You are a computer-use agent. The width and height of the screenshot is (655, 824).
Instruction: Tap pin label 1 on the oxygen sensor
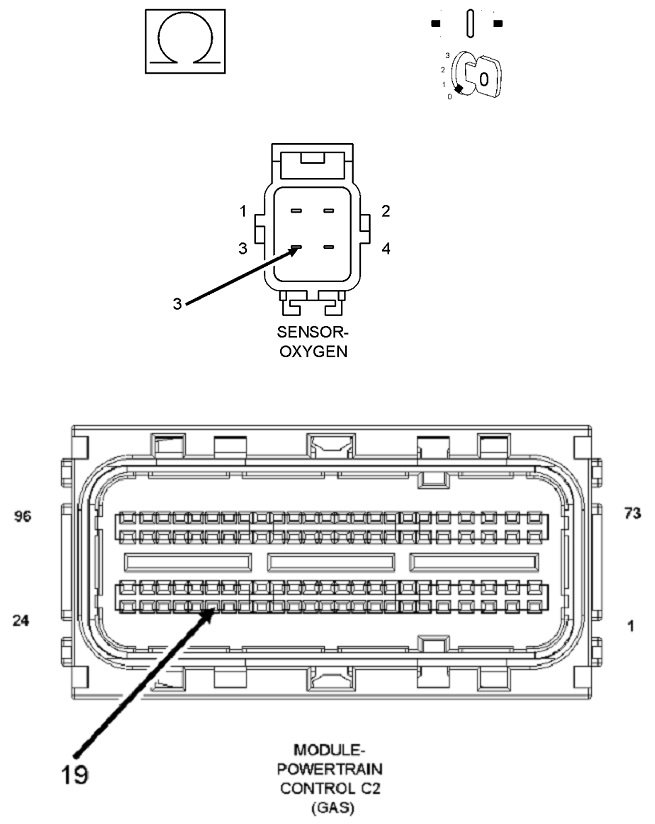tap(242, 211)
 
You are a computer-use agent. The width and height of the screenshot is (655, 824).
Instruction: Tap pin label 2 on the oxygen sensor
tap(385, 211)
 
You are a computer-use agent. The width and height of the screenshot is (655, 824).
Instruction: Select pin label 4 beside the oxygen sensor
tap(385, 248)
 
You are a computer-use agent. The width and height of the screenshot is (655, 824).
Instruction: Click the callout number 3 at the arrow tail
tap(177, 304)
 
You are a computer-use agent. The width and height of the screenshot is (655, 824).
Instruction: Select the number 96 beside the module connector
tap(23, 517)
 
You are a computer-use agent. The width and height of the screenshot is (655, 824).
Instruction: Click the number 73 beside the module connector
tap(631, 514)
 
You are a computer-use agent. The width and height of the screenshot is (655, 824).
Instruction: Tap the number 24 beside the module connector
tap(21, 620)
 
